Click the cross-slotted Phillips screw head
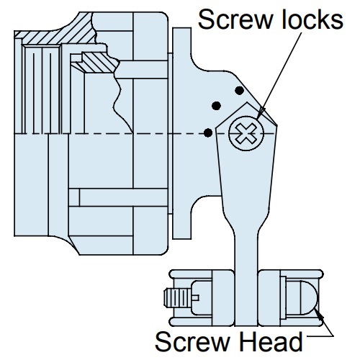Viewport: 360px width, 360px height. point(246,133)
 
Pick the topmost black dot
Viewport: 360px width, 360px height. point(239,91)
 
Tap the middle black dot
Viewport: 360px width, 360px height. point(216,106)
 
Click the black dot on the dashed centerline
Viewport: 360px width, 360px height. point(208,132)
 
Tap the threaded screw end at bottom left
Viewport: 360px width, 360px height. point(178,298)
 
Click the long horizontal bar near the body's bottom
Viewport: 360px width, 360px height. point(123,197)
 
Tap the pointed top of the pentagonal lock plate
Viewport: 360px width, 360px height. point(246,102)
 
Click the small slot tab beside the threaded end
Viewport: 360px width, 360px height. point(195,298)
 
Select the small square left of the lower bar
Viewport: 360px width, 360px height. point(74,197)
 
